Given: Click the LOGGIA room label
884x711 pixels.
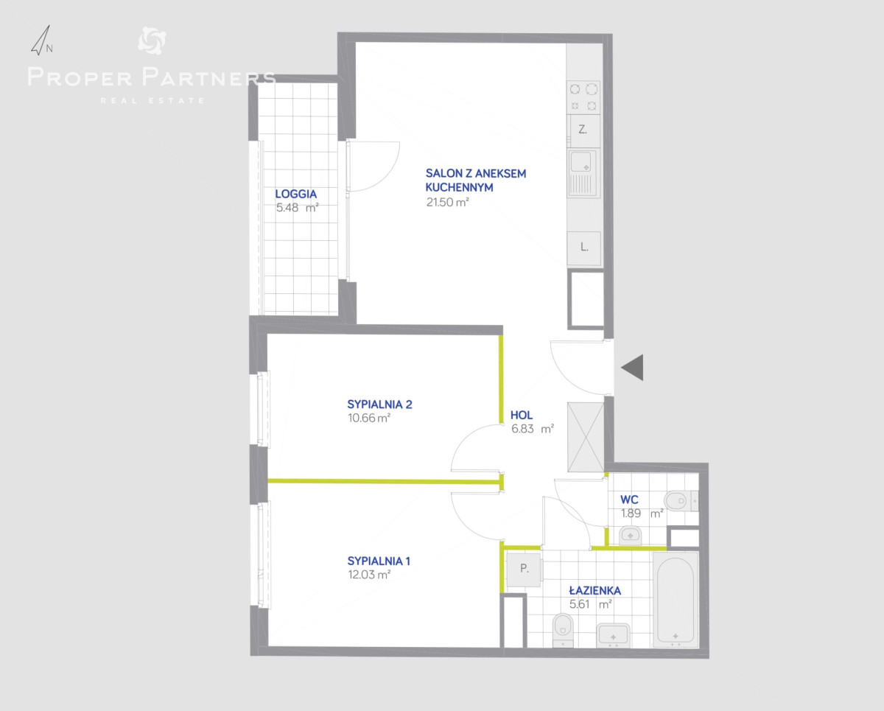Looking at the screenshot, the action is click(x=295, y=194).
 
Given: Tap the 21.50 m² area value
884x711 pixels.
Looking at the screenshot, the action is click(x=447, y=202).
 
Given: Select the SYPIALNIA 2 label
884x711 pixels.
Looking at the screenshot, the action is click(x=379, y=404).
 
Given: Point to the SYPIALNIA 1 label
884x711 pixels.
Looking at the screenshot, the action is click(x=379, y=561).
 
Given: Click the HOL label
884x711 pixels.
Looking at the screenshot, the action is click(x=522, y=415).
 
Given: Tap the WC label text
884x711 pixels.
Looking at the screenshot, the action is click(x=629, y=500).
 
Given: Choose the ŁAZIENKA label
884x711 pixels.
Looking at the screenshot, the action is click(x=594, y=590).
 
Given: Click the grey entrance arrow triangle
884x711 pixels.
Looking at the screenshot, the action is click(x=632, y=368).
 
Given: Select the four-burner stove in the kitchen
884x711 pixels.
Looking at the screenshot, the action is click(x=583, y=97).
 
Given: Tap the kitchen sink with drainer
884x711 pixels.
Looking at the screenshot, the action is click(x=583, y=172).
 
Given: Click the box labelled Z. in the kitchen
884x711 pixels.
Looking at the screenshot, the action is click(x=583, y=130).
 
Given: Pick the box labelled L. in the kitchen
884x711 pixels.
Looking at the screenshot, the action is click(x=584, y=248).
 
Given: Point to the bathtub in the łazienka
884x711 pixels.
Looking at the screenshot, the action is click(x=676, y=599).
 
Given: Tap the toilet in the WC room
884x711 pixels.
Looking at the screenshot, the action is click(x=681, y=502).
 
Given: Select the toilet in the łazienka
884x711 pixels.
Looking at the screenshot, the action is click(x=563, y=630).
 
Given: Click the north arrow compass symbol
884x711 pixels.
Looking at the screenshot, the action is click(x=42, y=41).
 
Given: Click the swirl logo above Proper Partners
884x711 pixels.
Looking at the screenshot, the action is click(x=152, y=41).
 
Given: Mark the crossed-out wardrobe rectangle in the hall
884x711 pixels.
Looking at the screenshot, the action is click(x=586, y=437).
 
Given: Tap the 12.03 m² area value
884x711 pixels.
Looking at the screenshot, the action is click(x=369, y=575).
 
